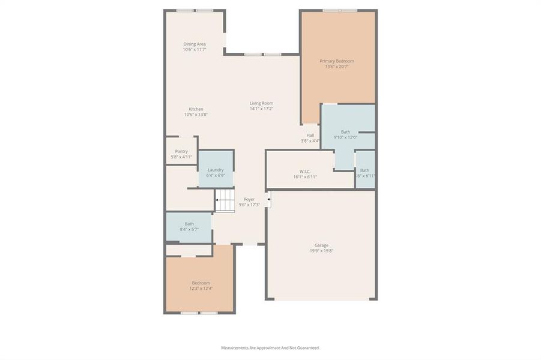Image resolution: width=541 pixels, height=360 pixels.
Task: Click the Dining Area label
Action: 195,44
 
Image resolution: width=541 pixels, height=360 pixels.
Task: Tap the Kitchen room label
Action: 196,109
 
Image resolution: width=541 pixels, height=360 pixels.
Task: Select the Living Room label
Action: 261,103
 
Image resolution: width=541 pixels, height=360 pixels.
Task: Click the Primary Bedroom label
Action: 336,61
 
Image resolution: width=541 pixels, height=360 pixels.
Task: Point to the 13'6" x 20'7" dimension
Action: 336,67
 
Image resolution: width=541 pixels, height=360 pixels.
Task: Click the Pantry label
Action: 181,151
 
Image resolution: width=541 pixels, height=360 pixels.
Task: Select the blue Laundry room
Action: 216,170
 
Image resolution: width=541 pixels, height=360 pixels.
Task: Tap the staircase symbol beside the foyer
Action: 225,200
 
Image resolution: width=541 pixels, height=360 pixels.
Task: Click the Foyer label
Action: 249,199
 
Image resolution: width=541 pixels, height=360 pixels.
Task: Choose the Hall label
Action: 310,135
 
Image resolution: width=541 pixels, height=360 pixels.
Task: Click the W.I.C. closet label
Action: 305,171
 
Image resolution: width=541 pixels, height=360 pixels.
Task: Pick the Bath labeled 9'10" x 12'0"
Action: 345,134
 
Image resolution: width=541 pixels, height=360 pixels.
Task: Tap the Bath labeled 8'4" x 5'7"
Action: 189,227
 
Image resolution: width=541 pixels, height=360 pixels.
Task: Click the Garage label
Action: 321,245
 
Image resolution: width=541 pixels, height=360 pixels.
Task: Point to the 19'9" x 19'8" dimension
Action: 321,251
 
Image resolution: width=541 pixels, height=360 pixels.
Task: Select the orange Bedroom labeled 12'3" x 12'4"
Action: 201,286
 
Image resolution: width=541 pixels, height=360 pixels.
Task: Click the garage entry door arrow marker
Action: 268,199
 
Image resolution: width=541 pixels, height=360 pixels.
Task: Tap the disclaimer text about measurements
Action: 270,348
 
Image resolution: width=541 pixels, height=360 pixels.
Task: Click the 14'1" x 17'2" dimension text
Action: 261,109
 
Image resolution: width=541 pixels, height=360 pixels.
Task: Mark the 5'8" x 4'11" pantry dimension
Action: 181,157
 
